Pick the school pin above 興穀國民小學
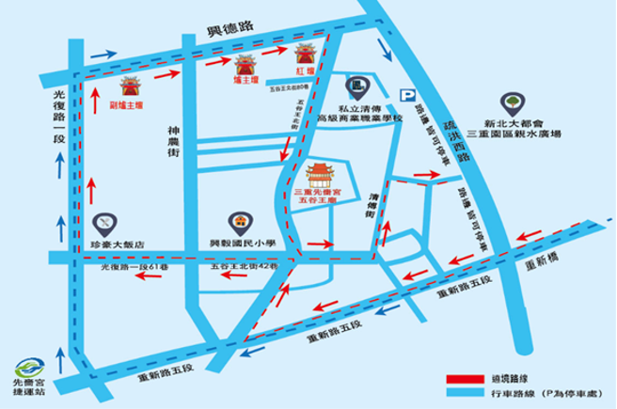241,223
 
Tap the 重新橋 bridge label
545,262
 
